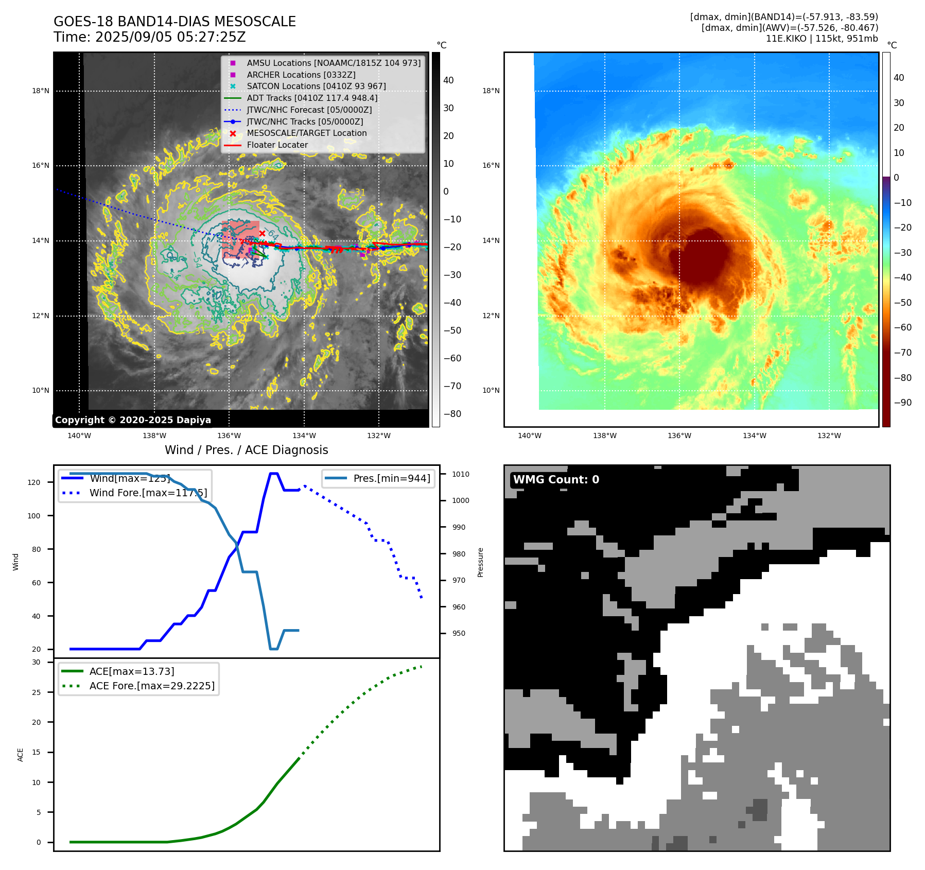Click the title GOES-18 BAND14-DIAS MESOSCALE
[174, 22]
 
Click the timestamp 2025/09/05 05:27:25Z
[170, 38]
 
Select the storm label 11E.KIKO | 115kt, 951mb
[822, 39]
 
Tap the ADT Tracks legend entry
[312, 98]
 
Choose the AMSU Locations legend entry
[334, 63]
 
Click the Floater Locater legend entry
[277, 145]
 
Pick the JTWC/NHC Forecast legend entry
[309, 110]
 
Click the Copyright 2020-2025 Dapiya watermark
[133, 420]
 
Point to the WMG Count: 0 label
[556, 480]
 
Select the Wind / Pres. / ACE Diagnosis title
[246, 450]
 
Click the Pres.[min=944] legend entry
[391, 478]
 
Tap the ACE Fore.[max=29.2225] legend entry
[152, 686]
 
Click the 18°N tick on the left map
[41, 91]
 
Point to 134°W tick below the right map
[754, 436]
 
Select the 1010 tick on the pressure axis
[461, 474]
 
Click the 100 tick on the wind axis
[34, 516]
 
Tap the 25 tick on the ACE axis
[36, 692]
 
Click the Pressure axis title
[480, 562]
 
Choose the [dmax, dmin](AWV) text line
[790, 28]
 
